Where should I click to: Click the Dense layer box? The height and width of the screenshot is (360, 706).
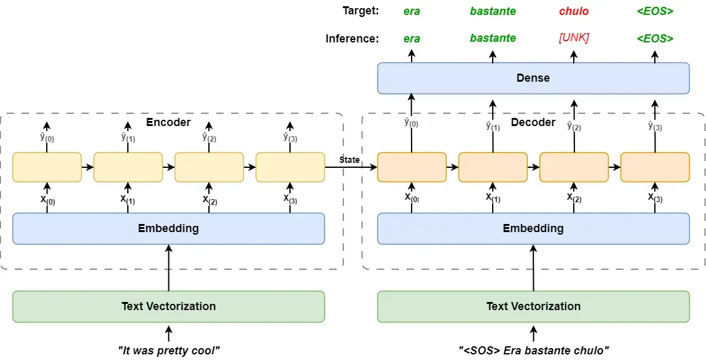pyautogui.click(x=533, y=78)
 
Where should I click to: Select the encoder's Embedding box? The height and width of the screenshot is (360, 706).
pyautogui.click(x=168, y=228)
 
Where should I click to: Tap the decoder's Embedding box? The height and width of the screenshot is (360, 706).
pyautogui.click(x=533, y=228)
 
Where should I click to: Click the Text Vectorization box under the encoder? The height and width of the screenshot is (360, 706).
pyautogui.click(x=168, y=306)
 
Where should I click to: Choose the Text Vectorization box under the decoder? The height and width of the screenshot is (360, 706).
pyautogui.click(x=533, y=306)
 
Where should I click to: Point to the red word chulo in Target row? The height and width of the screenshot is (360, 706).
pyautogui.click(x=574, y=11)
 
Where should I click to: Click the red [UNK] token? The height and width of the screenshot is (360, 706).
pyautogui.click(x=574, y=38)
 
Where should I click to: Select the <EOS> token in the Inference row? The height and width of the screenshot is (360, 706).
pyautogui.click(x=655, y=38)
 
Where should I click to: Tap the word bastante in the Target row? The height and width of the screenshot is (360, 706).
pyautogui.click(x=493, y=11)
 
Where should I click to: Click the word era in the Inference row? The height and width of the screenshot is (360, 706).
pyautogui.click(x=412, y=38)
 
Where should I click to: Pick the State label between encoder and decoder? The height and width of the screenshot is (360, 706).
pyautogui.click(x=349, y=160)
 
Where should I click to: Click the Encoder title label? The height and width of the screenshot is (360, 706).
pyautogui.click(x=168, y=122)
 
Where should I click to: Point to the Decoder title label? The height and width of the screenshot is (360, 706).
pyautogui.click(x=533, y=122)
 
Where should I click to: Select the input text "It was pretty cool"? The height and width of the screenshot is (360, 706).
pyautogui.click(x=168, y=351)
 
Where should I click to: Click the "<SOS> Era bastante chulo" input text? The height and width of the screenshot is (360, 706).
pyautogui.click(x=533, y=351)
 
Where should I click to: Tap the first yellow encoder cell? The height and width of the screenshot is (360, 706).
pyautogui.click(x=47, y=167)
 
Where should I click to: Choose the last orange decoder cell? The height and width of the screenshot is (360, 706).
pyautogui.click(x=655, y=167)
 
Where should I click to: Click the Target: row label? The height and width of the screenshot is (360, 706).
pyautogui.click(x=360, y=11)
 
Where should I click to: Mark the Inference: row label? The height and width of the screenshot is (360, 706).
pyautogui.click(x=352, y=38)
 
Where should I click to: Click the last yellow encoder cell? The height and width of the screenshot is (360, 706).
pyautogui.click(x=290, y=167)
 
